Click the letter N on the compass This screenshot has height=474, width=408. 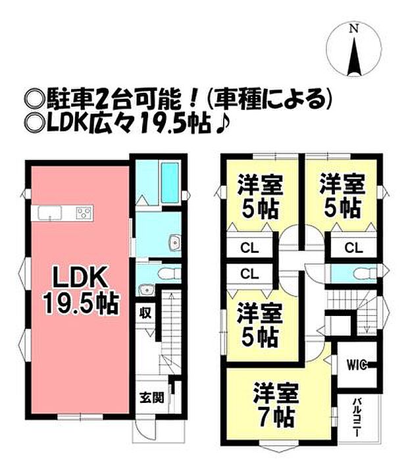(x=353, y=29)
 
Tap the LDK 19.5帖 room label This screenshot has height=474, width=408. (x=81, y=290)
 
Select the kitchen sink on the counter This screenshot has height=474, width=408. (x=50, y=213)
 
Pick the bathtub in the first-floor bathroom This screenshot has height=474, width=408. (x=170, y=183)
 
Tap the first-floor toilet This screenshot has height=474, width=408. (x=168, y=274)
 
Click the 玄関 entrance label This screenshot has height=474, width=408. (x=152, y=397)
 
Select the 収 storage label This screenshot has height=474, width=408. (x=145, y=313)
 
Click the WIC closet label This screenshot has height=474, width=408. (x=357, y=365)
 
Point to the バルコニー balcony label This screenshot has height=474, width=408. (x=357, y=417)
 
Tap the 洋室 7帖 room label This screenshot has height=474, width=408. (x=276, y=405)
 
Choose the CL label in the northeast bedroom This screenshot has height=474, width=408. (x=353, y=248)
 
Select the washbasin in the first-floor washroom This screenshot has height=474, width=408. (x=175, y=242)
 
